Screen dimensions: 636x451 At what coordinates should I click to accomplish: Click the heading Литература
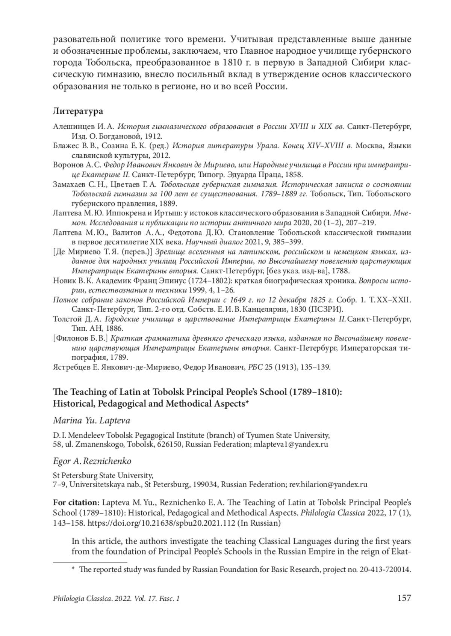tap(78, 112)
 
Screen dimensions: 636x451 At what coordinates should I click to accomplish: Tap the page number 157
tap(404, 598)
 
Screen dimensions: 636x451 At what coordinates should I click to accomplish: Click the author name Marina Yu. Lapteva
tap(92, 420)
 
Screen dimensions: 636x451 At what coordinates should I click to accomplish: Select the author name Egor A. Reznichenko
tap(92, 461)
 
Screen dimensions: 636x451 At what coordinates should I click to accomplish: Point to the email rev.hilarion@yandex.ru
tap(328, 484)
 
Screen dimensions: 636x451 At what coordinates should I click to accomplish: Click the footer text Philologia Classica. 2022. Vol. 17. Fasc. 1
tap(117, 598)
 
